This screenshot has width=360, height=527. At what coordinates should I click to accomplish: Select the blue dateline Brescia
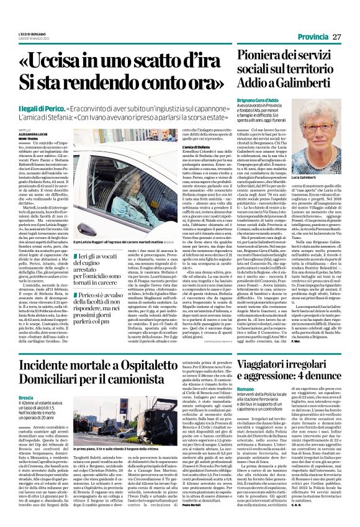[x=25, y=397]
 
